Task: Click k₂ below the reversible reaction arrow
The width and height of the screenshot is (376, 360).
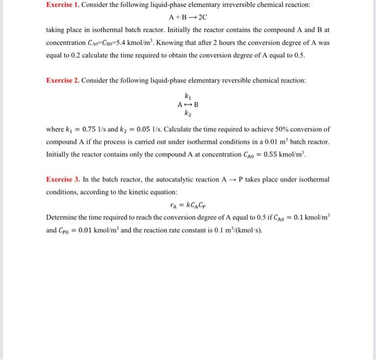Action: coord(187,113)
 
